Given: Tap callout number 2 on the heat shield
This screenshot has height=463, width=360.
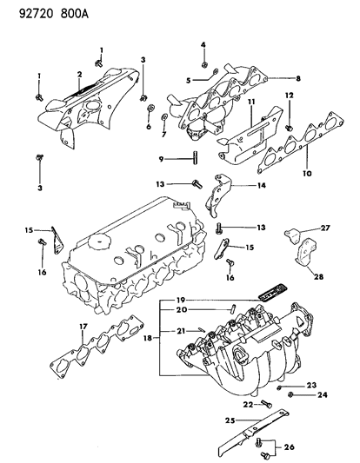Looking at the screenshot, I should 79,74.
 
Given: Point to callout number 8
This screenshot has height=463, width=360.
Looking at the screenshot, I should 297,79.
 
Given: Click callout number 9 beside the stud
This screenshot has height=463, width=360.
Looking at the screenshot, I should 161,158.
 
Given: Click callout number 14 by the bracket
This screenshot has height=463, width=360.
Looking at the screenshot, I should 261,185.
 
